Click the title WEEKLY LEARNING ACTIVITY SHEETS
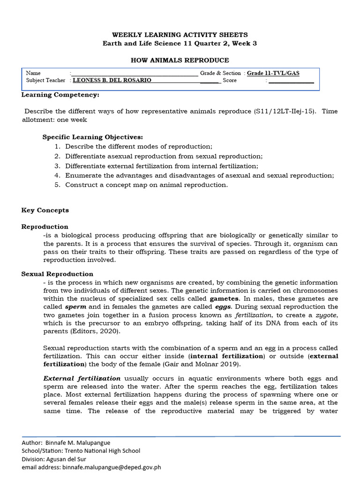pyautogui.click(x=180, y=35)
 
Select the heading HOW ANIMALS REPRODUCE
pyautogui.click(x=180, y=60)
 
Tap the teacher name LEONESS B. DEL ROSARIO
pyautogui.click(x=112, y=81)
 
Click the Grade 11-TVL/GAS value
pyautogui.click(x=273, y=73)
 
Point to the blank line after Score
pyautogui.click(x=291, y=81)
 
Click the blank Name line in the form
pyautogui.click(x=135, y=74)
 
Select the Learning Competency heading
pyautogui.click(x=60, y=95)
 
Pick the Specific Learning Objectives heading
pyautogui.click(x=92, y=137)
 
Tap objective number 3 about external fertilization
pyautogui.click(x=161, y=166)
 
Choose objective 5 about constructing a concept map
pyautogui.click(x=146, y=185)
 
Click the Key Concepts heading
pyautogui.click(x=45, y=210)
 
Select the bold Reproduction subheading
pyautogui.click(x=45, y=227)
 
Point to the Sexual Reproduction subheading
pyautogui.click(x=57, y=274)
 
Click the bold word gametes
pyautogui.click(x=225, y=299)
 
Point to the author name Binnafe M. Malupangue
pyautogui.click(x=77, y=442)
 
